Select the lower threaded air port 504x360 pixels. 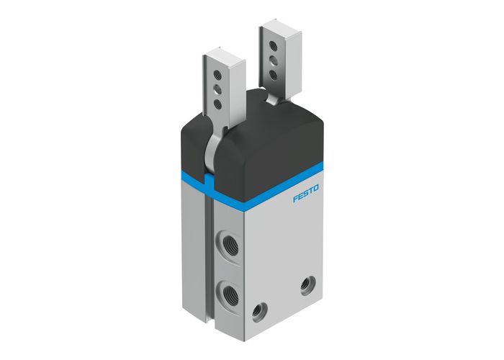[228, 292]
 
